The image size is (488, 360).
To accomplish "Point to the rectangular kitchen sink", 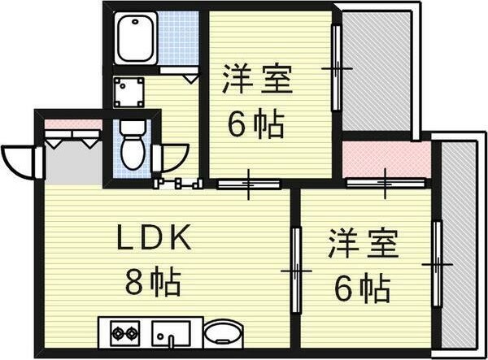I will click(170, 332).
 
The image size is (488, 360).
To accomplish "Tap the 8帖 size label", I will click(153, 283).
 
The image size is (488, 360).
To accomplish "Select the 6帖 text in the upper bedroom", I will click(256, 124).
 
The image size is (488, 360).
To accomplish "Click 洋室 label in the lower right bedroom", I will click(363, 244).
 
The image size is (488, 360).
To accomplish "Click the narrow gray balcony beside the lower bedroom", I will click(460, 244).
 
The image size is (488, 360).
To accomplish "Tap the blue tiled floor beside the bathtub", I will click(179, 38).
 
